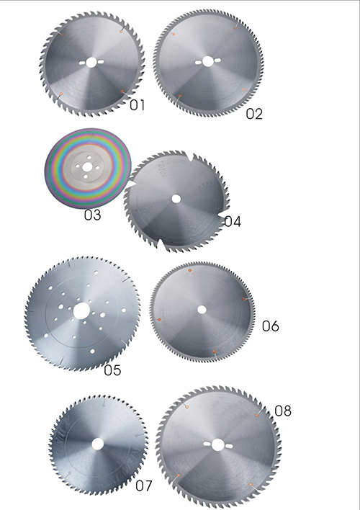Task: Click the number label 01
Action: [137, 105]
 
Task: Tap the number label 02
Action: [254, 114]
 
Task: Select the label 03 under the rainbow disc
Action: [92, 215]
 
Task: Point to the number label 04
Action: [233, 221]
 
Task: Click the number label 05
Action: [112, 370]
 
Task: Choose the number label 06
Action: [271, 326]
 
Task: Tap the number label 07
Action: [144, 486]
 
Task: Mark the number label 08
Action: [283, 411]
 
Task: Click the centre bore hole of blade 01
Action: [91, 63]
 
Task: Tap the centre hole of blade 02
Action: [207, 61]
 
